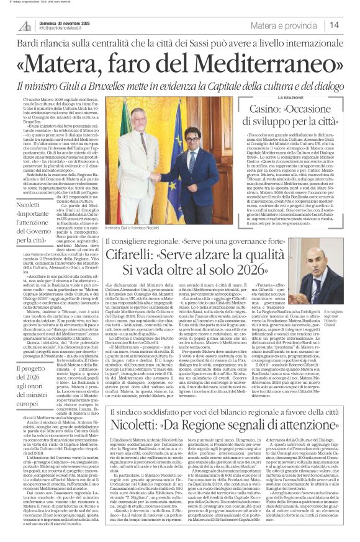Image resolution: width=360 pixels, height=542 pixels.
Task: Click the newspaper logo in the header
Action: click(x=25, y=25)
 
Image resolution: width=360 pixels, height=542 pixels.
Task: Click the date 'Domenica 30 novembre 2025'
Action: click(x=65, y=23)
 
